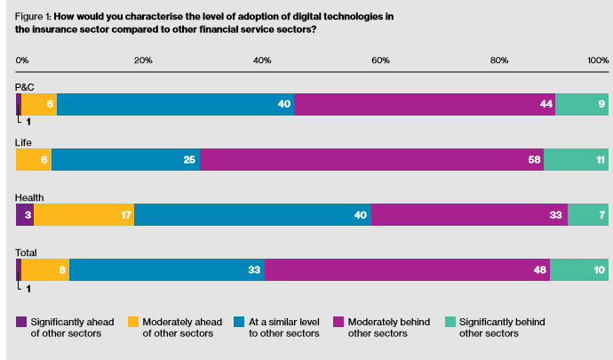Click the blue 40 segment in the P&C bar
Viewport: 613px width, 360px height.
[x=175, y=104]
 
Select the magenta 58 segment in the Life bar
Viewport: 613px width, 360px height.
[x=371, y=160]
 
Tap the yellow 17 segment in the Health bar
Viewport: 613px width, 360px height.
[x=84, y=215]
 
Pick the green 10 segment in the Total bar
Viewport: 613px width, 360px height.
[x=579, y=270]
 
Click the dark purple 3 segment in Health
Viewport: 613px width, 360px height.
[x=25, y=215]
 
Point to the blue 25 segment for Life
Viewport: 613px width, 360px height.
[x=125, y=160]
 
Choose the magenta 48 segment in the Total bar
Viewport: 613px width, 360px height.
[x=407, y=270]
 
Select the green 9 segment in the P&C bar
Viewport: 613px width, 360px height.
[x=582, y=104]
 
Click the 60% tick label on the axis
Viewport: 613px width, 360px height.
[x=380, y=60]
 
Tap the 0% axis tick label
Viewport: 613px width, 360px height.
[x=23, y=60]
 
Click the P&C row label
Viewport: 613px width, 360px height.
[x=25, y=86]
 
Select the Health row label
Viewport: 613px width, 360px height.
[x=29, y=197]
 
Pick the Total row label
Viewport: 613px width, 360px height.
[x=27, y=252]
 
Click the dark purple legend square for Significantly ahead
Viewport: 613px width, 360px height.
[x=21, y=322]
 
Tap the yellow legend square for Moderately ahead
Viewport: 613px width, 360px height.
[x=134, y=322]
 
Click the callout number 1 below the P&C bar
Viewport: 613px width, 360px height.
[x=28, y=121]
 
